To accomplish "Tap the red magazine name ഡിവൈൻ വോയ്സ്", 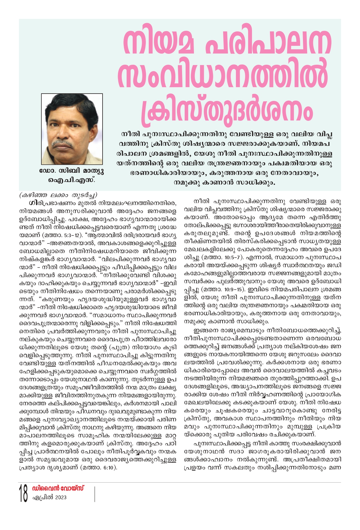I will [x=58, y=488].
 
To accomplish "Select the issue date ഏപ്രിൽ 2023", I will [x=49, y=497].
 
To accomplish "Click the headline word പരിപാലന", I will [x=268, y=43].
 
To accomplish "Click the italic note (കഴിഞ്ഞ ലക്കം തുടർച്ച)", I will [x=58, y=195].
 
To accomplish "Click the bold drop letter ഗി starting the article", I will [x=32, y=203].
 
